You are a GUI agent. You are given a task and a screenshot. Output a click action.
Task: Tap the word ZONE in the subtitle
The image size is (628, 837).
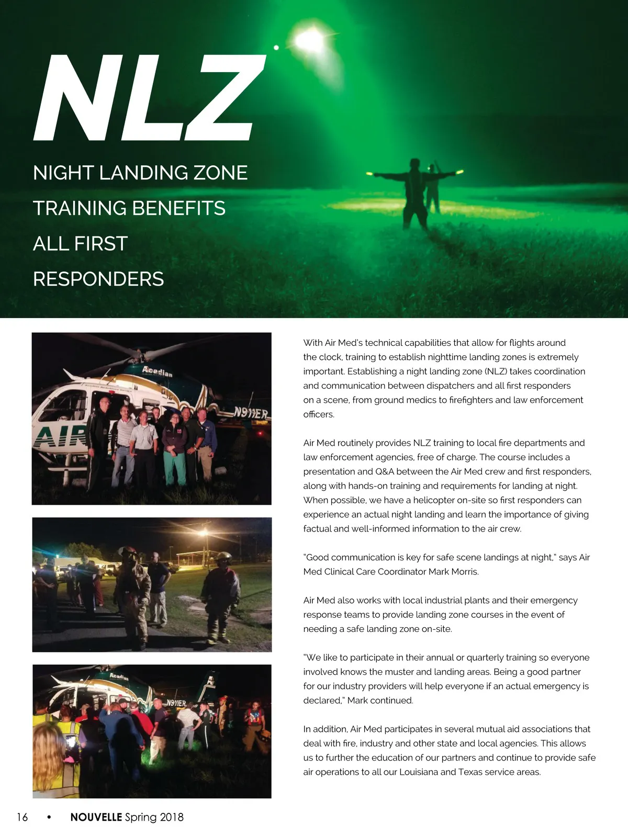point(220,173)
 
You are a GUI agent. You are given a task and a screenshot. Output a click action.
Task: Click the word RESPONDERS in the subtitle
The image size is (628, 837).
point(98,279)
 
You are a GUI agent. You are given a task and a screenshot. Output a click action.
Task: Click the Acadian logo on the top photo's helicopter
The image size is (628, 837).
point(157,372)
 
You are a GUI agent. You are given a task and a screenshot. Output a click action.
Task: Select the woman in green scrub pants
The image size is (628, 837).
point(174,450)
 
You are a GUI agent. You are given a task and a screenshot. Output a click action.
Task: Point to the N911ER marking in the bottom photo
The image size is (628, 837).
point(176,704)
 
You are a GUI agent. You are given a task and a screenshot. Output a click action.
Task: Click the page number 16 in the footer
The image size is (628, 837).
point(22,817)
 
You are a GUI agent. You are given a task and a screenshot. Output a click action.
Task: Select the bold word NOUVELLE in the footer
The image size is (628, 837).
point(96,817)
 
